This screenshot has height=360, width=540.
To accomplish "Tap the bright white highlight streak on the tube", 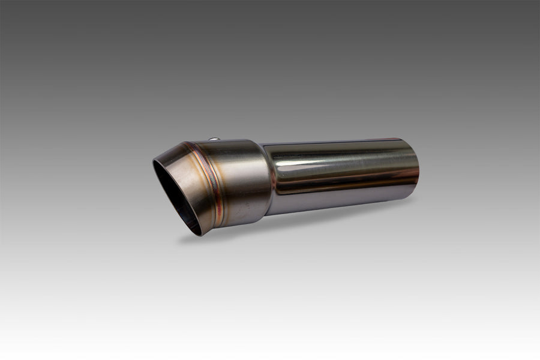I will (x=336, y=157).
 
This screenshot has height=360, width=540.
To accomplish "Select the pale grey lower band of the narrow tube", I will (x=336, y=201).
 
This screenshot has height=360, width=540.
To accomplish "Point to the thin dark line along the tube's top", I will (x=336, y=143).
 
